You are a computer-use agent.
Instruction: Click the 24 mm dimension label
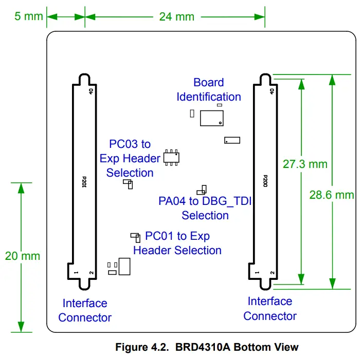coord(176,16)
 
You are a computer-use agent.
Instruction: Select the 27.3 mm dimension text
coord(305,164)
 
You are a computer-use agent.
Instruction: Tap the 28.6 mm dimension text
coord(332,195)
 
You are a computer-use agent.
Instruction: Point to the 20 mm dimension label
coord(22,256)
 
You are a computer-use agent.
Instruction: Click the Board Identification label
coord(209,89)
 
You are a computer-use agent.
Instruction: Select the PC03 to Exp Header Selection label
coord(130,158)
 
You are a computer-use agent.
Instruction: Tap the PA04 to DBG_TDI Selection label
coord(205,208)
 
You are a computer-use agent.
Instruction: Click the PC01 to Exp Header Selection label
coord(177,243)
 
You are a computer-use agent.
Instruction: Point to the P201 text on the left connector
coord(84,182)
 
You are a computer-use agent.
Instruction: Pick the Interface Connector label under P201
coord(85,310)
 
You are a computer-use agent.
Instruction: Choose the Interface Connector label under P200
coord(270,308)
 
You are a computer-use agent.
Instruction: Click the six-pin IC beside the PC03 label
coord(171,157)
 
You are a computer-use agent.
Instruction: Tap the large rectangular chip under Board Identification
coord(211,118)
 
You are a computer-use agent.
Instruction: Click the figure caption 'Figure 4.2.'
coord(141,347)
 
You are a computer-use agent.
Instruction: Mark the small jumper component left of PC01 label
coord(136,237)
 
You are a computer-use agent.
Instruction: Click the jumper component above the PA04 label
coord(202,190)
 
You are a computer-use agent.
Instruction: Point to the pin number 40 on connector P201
coord(91,91)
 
